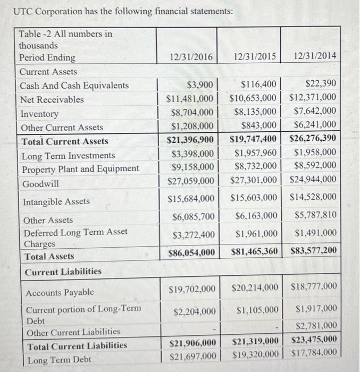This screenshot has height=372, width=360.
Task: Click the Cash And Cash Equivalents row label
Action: (74, 86)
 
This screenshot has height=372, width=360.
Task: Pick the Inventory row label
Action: (39, 114)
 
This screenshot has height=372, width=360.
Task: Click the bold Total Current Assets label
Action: (64, 141)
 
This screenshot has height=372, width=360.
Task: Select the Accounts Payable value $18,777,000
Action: (314, 288)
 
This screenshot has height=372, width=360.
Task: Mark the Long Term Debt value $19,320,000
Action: (254, 352)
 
